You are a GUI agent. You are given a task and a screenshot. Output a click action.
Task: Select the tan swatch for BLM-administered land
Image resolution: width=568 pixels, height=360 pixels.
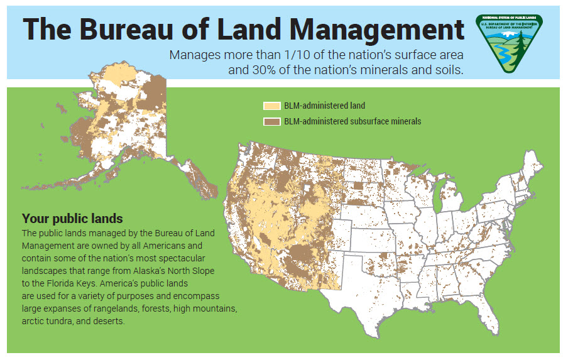pyautogui.click(x=271, y=106)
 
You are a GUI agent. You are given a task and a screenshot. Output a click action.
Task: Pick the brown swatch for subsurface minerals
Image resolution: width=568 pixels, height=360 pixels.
pyautogui.click(x=271, y=121)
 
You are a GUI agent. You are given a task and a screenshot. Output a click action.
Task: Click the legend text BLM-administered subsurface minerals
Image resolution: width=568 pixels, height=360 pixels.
pyautogui.click(x=352, y=121)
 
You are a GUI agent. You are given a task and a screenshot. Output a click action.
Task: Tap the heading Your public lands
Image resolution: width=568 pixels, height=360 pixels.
pyautogui.click(x=72, y=219)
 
